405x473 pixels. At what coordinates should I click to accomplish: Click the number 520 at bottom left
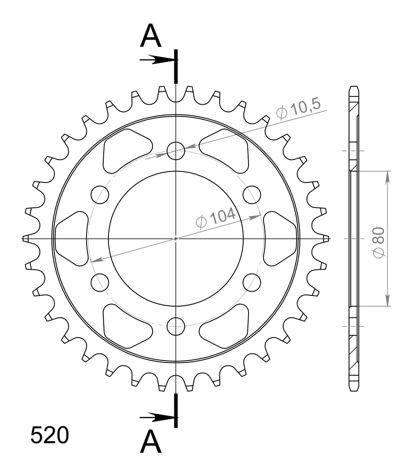[49, 435]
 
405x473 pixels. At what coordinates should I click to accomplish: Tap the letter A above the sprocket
[151, 36]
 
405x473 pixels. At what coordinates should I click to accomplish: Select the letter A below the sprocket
[151, 442]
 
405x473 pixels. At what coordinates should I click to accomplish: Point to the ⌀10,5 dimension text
[298, 110]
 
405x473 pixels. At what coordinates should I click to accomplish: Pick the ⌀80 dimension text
[379, 243]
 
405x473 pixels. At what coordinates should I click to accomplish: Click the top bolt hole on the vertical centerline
[176, 151]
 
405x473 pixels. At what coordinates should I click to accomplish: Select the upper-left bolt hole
[100, 194]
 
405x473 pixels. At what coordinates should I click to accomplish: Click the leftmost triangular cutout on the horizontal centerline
[72, 238]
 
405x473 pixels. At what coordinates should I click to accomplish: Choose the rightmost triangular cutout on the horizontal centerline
[280, 238]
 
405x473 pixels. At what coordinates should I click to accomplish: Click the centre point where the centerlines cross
[176, 238]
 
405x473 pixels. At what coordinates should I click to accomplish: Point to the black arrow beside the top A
[156, 60]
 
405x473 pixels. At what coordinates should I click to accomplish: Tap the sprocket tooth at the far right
[325, 238]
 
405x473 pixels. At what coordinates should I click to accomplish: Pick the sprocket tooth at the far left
[26, 238]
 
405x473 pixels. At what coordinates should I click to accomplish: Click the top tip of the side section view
[354, 87]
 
